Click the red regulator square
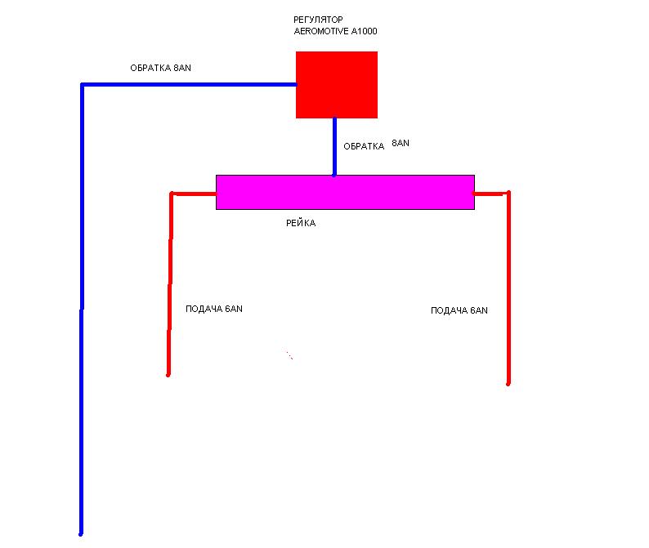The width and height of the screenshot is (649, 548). click(x=337, y=85)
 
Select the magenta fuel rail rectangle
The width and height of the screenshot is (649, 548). click(x=345, y=192)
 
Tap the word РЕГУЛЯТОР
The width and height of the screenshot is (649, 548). click(x=318, y=20)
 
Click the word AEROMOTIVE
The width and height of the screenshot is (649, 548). click(x=321, y=31)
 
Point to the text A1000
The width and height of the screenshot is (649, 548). click(x=365, y=31)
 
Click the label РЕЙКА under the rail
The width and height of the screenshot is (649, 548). click(x=301, y=223)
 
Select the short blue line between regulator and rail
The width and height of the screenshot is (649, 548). click(x=334, y=147)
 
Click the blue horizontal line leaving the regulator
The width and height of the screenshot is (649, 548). click(x=189, y=84)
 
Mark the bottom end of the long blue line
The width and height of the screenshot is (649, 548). click(x=81, y=534)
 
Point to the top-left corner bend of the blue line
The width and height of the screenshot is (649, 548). click(x=82, y=85)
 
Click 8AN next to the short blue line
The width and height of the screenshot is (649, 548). click(x=401, y=143)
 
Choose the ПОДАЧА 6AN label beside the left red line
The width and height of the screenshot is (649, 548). click(x=214, y=309)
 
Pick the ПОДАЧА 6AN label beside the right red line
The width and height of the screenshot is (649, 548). click(x=459, y=310)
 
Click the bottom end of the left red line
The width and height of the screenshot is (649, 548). click(x=168, y=375)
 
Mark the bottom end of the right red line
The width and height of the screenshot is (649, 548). click(x=508, y=383)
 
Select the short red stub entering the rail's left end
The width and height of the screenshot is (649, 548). click(x=193, y=194)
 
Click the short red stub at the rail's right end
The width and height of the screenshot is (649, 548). click(x=491, y=193)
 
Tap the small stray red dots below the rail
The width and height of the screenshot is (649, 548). click(x=289, y=355)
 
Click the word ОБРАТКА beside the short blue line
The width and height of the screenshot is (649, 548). click(x=364, y=146)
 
